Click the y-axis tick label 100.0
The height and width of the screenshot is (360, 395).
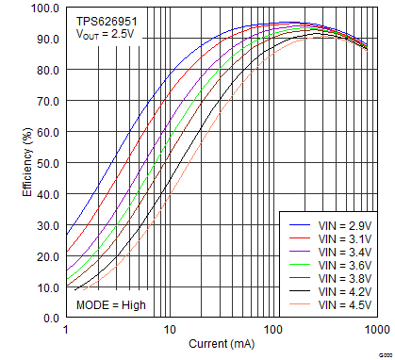click(x=44, y=8)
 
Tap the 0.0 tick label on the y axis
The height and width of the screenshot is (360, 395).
click(x=50, y=319)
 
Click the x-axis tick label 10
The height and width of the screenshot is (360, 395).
click(x=170, y=330)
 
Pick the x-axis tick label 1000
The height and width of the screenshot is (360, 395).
click(x=376, y=330)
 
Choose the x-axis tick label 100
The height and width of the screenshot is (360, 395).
click(x=272, y=330)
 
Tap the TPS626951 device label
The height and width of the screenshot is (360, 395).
click(x=104, y=18)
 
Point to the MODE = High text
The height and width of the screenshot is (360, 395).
click(x=110, y=305)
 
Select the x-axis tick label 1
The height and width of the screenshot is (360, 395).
click(x=66, y=330)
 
